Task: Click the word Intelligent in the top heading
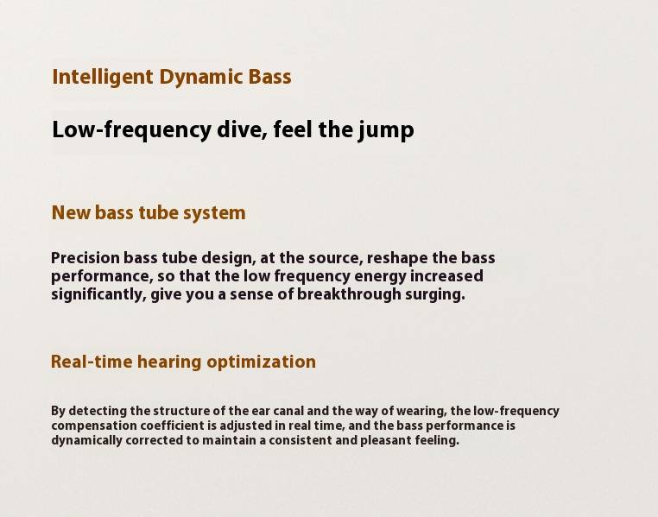[x=103, y=78]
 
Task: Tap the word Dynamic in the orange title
[x=201, y=78]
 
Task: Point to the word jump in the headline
[x=387, y=130]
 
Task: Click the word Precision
[x=85, y=257]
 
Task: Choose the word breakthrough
[x=349, y=294]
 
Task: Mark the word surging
[x=435, y=295]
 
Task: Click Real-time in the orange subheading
[x=91, y=362]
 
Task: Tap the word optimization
[x=262, y=363]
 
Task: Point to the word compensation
[x=94, y=426]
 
